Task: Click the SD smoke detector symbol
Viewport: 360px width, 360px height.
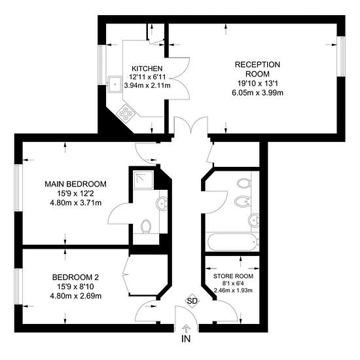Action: pyautogui.click(x=192, y=301)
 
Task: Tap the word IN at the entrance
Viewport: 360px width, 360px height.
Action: pyautogui.click(x=186, y=338)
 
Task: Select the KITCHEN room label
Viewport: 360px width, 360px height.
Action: pyautogui.click(x=147, y=69)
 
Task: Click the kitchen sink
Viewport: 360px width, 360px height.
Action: pyautogui.click(x=115, y=84)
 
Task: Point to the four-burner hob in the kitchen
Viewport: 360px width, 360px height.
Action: pyautogui.click(x=126, y=113)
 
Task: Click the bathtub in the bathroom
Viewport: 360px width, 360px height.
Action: pyautogui.click(x=232, y=242)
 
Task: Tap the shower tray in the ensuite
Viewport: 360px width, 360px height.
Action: pyautogui.click(x=143, y=180)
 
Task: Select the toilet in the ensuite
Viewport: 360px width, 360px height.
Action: pyautogui.click(x=145, y=226)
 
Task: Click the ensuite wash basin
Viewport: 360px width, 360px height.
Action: pyautogui.click(x=162, y=204)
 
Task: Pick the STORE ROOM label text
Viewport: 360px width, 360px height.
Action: pyautogui.click(x=233, y=276)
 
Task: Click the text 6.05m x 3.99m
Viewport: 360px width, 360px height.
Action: pyautogui.click(x=257, y=93)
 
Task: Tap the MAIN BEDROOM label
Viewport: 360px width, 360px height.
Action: pyautogui.click(x=75, y=184)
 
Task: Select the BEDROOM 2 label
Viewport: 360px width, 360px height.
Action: pyautogui.click(x=75, y=278)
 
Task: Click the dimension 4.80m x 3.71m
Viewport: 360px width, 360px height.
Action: pyautogui.click(x=75, y=203)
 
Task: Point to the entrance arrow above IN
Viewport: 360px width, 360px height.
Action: pyautogui.click(x=186, y=329)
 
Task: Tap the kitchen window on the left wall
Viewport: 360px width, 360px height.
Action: pyautogui.click(x=101, y=65)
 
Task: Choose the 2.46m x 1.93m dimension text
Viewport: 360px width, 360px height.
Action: pyautogui.click(x=233, y=291)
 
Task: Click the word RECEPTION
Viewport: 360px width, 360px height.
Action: pyautogui.click(x=257, y=65)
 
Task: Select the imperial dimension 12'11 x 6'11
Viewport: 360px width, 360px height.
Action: pyautogui.click(x=147, y=77)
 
